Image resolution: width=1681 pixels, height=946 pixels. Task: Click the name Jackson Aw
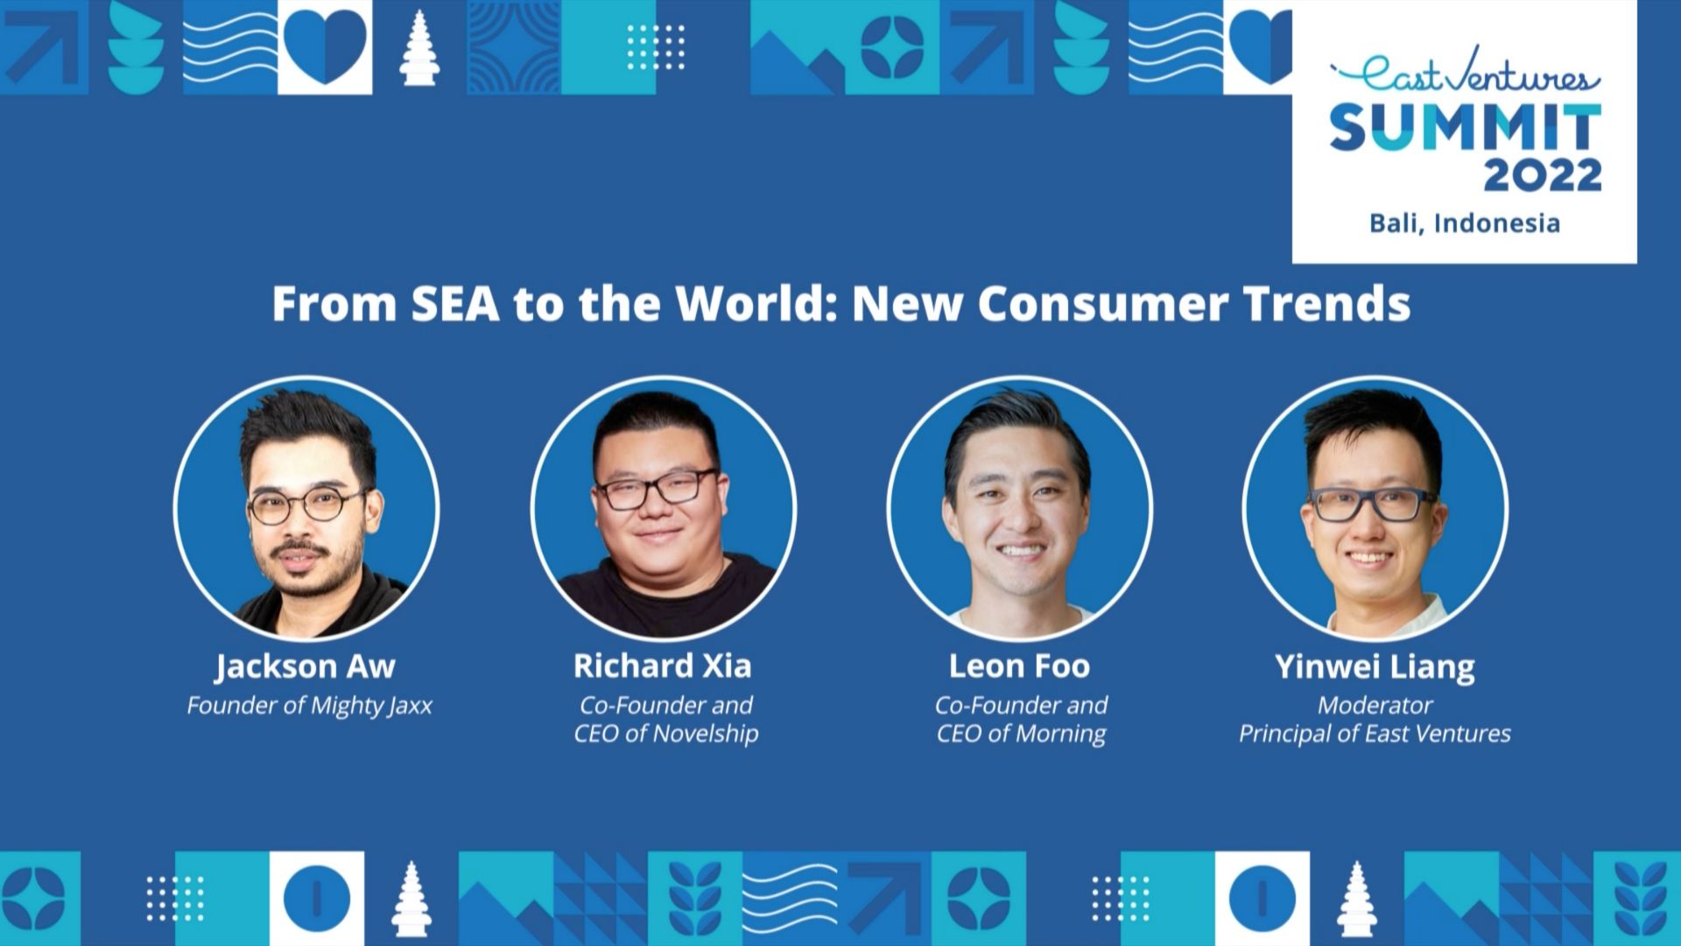306,667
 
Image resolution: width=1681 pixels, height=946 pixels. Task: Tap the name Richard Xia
663,667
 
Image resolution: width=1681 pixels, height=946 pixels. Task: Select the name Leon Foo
1019,667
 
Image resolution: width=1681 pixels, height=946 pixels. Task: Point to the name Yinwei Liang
1375,667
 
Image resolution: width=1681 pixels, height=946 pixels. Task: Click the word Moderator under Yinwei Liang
1375,705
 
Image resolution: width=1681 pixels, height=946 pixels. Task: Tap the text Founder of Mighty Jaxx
309,706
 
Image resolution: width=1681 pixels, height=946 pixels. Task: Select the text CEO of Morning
1021,733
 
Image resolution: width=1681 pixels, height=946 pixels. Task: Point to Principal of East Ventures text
1375,733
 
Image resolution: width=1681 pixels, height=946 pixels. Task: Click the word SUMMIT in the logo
1465,127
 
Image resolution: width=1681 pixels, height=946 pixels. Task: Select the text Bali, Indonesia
1465,223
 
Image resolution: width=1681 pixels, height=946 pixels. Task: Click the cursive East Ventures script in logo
1465,77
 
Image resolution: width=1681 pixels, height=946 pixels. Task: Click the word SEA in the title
455,304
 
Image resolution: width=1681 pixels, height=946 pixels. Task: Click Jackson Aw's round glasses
305,506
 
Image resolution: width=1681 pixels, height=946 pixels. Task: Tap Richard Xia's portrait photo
664,508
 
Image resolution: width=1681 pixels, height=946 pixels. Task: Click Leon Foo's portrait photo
1019,508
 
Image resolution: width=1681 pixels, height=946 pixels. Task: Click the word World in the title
750,304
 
